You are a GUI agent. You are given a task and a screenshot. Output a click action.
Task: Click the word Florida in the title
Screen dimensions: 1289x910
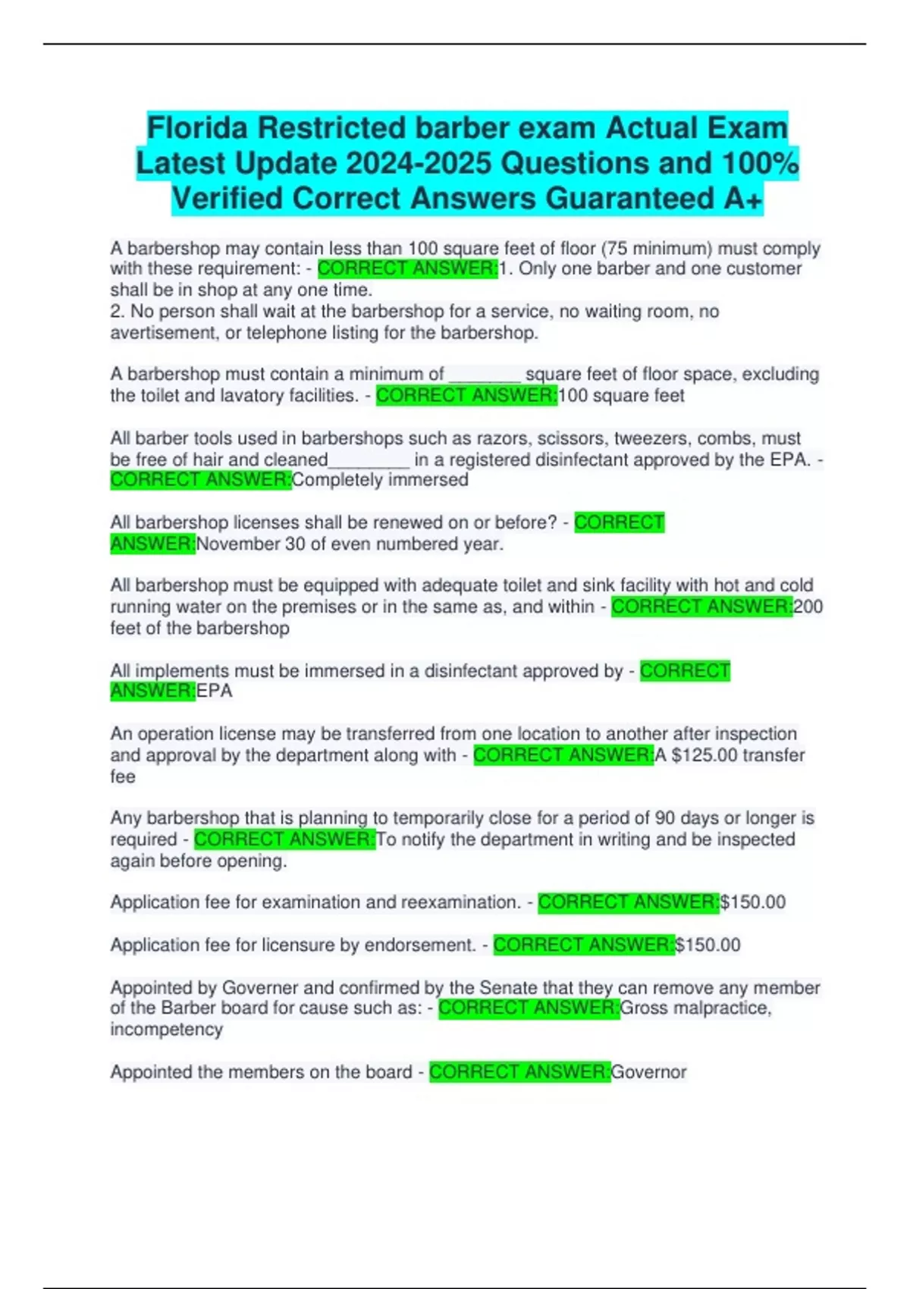[196, 128]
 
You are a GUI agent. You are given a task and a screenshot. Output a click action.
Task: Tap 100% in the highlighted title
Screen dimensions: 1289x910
[760, 163]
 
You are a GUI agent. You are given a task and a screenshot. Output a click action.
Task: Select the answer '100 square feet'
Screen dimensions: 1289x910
[621, 396]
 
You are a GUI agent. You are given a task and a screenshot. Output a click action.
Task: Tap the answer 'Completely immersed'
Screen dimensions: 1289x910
[380, 480]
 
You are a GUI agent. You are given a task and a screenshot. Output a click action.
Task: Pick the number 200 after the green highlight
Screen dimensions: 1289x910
[808, 607]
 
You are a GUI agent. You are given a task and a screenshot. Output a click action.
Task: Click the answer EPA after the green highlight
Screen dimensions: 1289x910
[214, 692]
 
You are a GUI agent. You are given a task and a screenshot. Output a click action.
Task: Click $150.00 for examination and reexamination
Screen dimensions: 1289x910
[752, 902]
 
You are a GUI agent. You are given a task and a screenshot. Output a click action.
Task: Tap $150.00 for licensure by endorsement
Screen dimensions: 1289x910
[708, 945]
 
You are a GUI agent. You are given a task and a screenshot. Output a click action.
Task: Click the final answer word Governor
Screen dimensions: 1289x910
[648, 1072]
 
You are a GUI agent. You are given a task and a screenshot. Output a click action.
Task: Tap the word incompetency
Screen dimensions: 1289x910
[167, 1030]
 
